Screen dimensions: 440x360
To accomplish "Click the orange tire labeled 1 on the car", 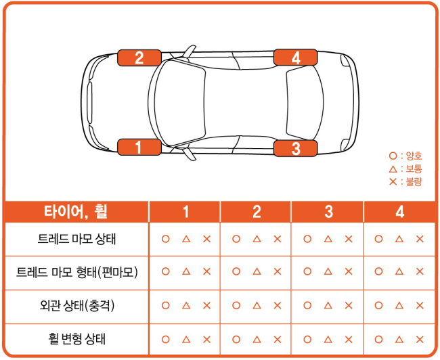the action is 139,147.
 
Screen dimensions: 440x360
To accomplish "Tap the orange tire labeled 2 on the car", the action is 139,58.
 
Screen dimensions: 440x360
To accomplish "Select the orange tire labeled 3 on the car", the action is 296,148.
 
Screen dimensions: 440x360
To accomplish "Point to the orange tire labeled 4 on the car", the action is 296,58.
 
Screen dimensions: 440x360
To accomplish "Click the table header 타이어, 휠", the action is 76,212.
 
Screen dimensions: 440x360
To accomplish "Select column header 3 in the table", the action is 328,212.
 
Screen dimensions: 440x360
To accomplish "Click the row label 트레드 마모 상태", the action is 76,239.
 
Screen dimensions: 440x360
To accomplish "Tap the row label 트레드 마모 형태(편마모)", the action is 77,272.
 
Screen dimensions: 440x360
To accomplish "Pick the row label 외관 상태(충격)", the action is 77,305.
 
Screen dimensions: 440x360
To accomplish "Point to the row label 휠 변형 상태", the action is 76,339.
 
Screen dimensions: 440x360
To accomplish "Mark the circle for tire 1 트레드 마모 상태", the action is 166,239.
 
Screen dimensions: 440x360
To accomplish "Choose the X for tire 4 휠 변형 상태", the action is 420,340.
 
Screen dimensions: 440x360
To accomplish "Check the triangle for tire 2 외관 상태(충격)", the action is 257,305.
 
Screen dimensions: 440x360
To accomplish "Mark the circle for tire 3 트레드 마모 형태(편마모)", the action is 307,271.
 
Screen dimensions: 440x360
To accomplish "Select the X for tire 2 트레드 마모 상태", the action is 278,239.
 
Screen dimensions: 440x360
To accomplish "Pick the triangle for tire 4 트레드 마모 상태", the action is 399,239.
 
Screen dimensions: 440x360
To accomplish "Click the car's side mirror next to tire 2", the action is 189,51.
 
